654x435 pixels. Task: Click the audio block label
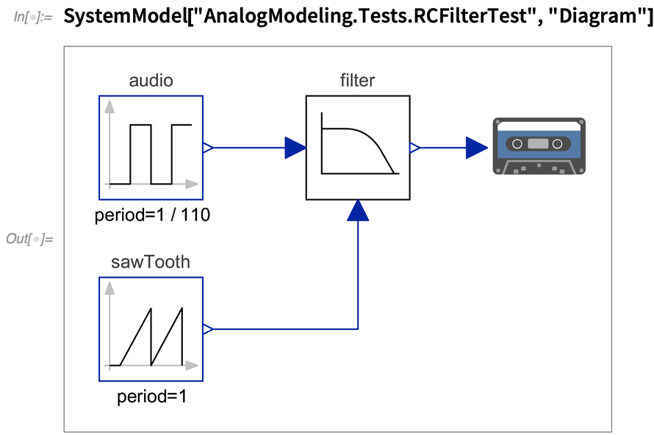pos(151,81)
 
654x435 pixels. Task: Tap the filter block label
pos(358,81)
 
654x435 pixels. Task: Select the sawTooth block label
pos(151,262)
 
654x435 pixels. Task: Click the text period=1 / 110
pos(151,215)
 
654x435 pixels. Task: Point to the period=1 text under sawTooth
pos(151,398)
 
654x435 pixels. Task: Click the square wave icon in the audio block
pos(151,148)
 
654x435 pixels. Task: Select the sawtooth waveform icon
pos(151,329)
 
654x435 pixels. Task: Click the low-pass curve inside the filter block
pos(358,148)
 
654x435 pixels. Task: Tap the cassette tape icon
pos(539,146)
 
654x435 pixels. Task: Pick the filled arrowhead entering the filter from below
pos(358,211)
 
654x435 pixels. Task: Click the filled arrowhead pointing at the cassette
pos(477,148)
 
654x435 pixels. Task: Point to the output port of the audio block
pos(208,148)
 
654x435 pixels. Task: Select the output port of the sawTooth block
pos(208,329)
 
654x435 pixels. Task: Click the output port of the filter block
pos(414,148)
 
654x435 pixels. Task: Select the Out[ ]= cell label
pos(29,239)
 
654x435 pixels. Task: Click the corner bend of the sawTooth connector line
pos(358,329)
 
